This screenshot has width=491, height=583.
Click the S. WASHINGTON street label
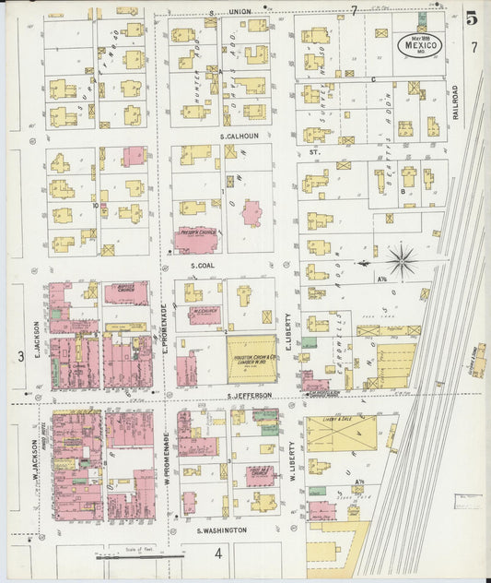[x=221, y=530]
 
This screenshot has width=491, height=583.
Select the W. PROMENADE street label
[x=166, y=451]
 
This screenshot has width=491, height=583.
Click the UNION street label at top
[x=240, y=11]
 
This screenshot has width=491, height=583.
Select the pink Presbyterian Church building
[x=196, y=240]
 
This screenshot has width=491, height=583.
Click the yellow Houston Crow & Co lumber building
[x=251, y=359]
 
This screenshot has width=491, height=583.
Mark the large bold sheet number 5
[x=472, y=17]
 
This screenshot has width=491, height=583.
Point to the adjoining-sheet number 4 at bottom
[x=218, y=553]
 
